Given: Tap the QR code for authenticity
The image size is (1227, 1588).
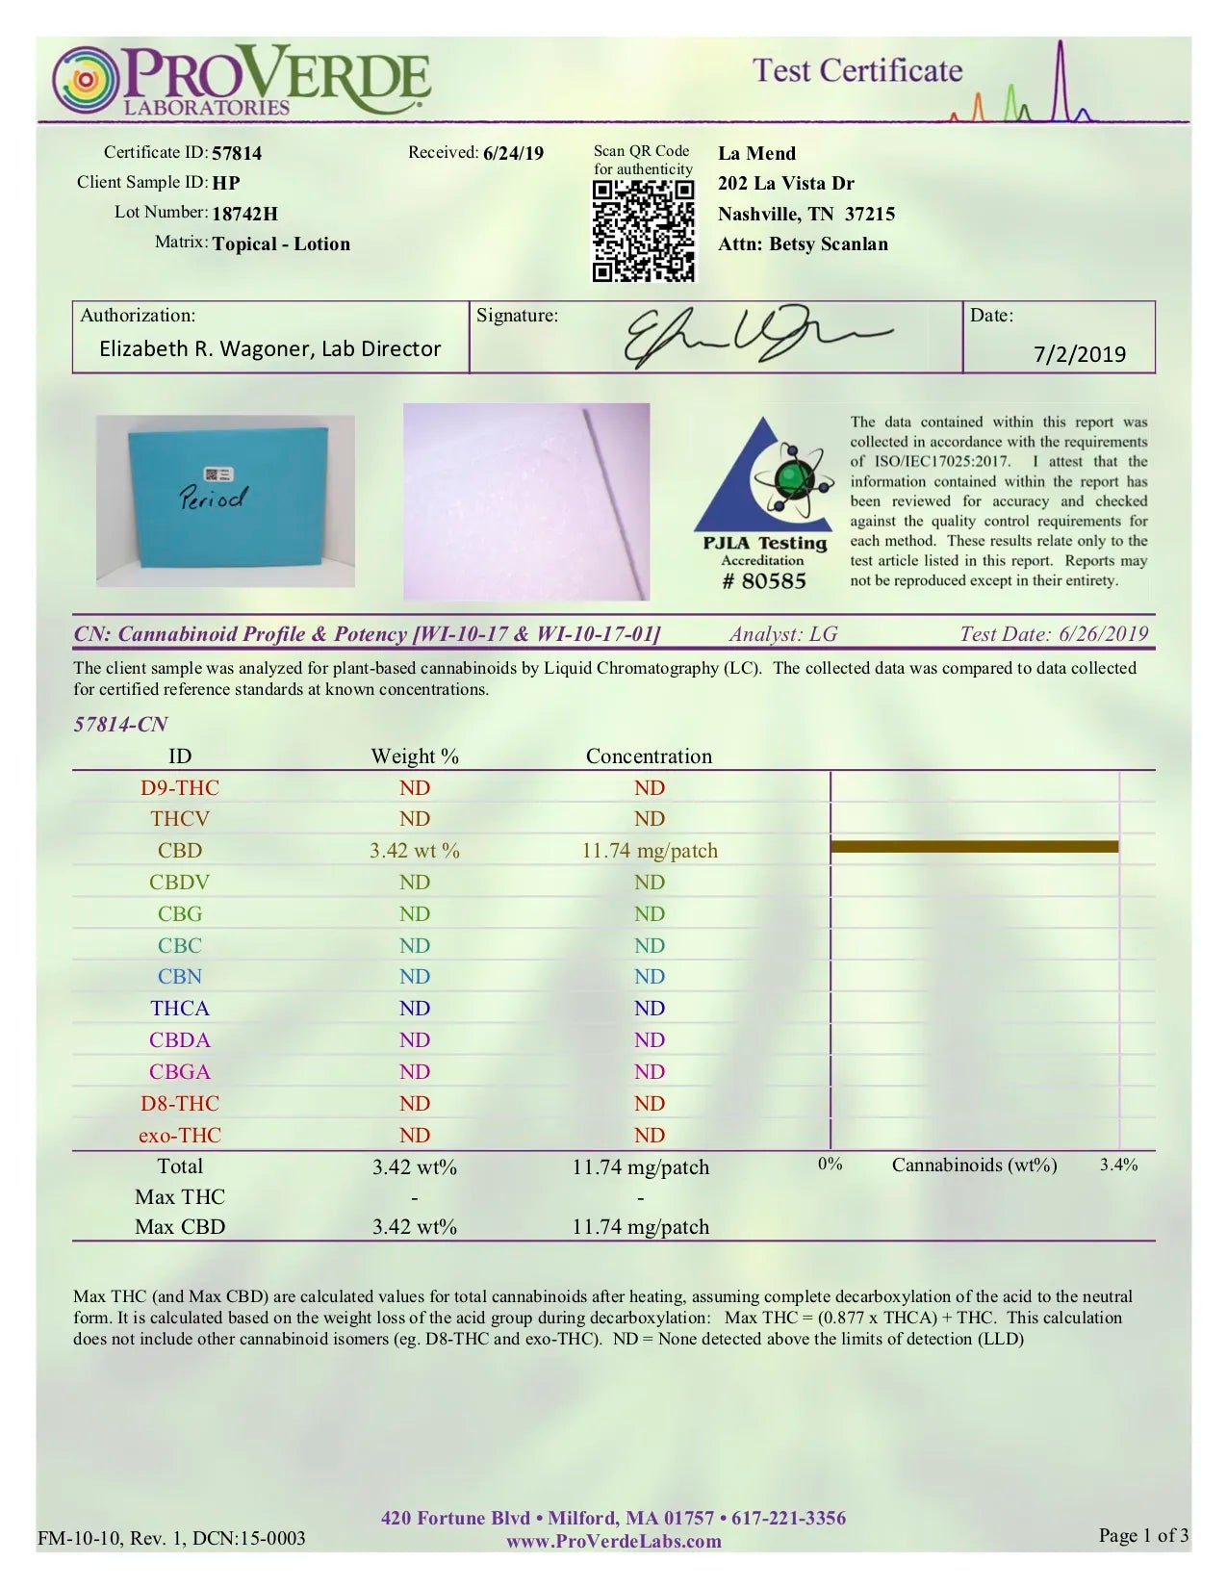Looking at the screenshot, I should coord(643,231).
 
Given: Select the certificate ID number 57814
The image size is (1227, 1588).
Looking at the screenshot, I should coord(237,153).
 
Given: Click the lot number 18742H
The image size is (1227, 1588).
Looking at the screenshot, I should coord(244,214).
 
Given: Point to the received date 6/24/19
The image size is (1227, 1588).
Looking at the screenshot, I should coord(513,153).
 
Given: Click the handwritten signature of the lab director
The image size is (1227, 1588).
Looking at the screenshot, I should coord(751,337).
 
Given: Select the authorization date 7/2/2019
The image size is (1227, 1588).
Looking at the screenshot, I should coord(1080,354).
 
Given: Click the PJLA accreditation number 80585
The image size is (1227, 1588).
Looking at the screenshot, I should coord(764,581).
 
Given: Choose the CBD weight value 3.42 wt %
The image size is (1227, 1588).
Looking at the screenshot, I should coord(415,851).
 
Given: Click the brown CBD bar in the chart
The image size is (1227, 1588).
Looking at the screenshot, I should coord(974,847).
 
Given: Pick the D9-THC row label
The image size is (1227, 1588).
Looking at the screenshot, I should coord(180,788).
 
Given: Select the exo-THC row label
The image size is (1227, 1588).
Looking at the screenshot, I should coord(180,1136).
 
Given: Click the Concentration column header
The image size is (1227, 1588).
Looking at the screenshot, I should coord(649,756).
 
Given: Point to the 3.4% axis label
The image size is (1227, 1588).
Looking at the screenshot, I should coord(1118,1165).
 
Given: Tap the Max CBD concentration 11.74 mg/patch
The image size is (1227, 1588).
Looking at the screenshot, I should coord(640,1227).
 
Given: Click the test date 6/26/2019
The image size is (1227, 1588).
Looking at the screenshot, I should coord(1103,634).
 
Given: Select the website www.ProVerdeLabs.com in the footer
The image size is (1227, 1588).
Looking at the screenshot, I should coord(614,1542).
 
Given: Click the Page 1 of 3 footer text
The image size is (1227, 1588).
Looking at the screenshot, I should coord(1143,1535).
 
